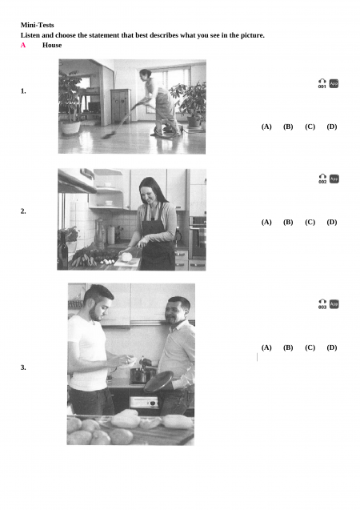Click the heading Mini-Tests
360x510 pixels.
pos(37,25)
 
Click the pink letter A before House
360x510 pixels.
pos(23,45)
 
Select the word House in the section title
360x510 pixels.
pos(52,45)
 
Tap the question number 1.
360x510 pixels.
pos(23,91)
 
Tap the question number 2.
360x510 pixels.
pos(23,211)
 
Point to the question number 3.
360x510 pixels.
pos(23,367)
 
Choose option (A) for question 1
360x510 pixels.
pos(266,126)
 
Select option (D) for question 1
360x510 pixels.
pos(332,126)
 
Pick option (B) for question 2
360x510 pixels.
pos(288,222)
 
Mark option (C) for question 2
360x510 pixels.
pos(310,222)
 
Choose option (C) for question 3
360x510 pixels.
pos(310,347)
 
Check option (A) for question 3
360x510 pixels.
pos(266,347)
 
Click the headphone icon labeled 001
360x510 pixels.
pos(322,83)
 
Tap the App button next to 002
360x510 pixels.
pos(334,179)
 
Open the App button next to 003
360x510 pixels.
pos(334,304)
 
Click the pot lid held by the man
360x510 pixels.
pos(158,381)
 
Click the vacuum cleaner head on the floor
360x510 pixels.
pos(108,135)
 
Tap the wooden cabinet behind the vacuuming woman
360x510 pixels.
pos(121,106)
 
